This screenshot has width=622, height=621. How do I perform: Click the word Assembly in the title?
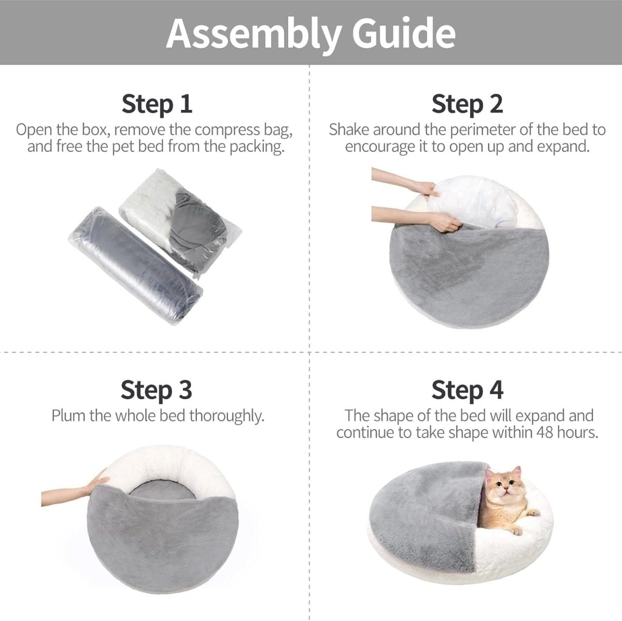(x=253, y=34)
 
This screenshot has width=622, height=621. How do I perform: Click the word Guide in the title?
(x=403, y=33)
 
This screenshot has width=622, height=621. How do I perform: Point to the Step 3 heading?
(x=157, y=389)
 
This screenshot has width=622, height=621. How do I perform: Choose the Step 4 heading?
(x=467, y=389)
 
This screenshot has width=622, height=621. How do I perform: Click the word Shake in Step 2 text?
(x=349, y=130)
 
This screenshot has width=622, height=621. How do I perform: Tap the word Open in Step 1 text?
(x=34, y=130)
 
